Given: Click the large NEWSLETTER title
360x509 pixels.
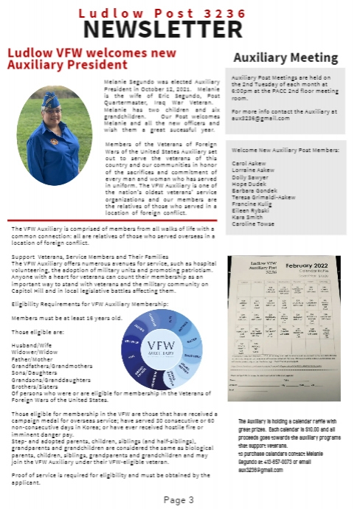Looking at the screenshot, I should (x=179, y=28).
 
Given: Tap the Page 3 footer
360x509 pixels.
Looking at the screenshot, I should (x=179, y=499).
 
